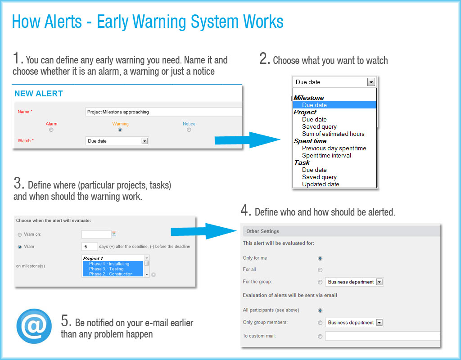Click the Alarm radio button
click(x=51, y=130)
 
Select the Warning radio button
click(x=120, y=130)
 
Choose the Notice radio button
click(x=189, y=130)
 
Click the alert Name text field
click(x=163, y=112)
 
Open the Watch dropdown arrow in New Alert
click(x=145, y=141)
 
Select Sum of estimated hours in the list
click(x=333, y=134)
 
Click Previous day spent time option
click(x=334, y=148)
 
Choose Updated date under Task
click(x=321, y=184)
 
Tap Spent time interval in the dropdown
click(x=326, y=155)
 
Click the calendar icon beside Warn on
click(x=114, y=234)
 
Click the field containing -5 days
click(x=90, y=247)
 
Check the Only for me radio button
click(x=320, y=258)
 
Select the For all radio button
click(x=320, y=270)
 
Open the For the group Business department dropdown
click(x=380, y=282)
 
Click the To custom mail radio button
click(x=320, y=336)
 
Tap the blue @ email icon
click(x=34, y=326)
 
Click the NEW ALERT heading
click(x=39, y=94)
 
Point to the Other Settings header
click(x=262, y=231)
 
